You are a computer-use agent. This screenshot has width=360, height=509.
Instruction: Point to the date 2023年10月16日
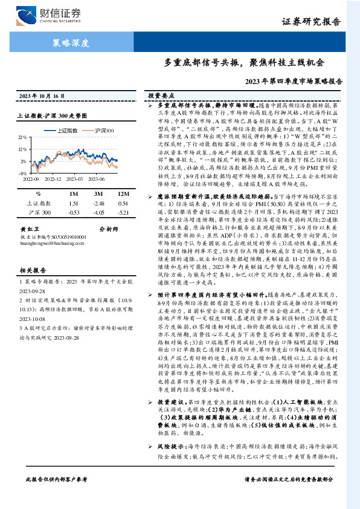(x=42, y=96)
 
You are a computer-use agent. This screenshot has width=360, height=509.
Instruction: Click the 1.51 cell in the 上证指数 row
(x=74, y=204)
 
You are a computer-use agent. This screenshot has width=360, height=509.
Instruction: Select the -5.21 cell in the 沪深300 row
(x=123, y=213)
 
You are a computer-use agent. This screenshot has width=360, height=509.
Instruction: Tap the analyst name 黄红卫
(x=30, y=229)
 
